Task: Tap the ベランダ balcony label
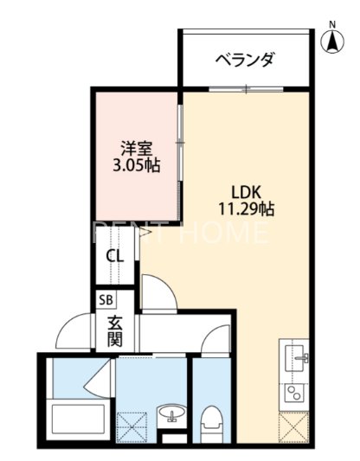coord(245,60)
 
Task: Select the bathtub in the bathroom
coord(77,421)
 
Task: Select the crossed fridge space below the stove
coord(295,425)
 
